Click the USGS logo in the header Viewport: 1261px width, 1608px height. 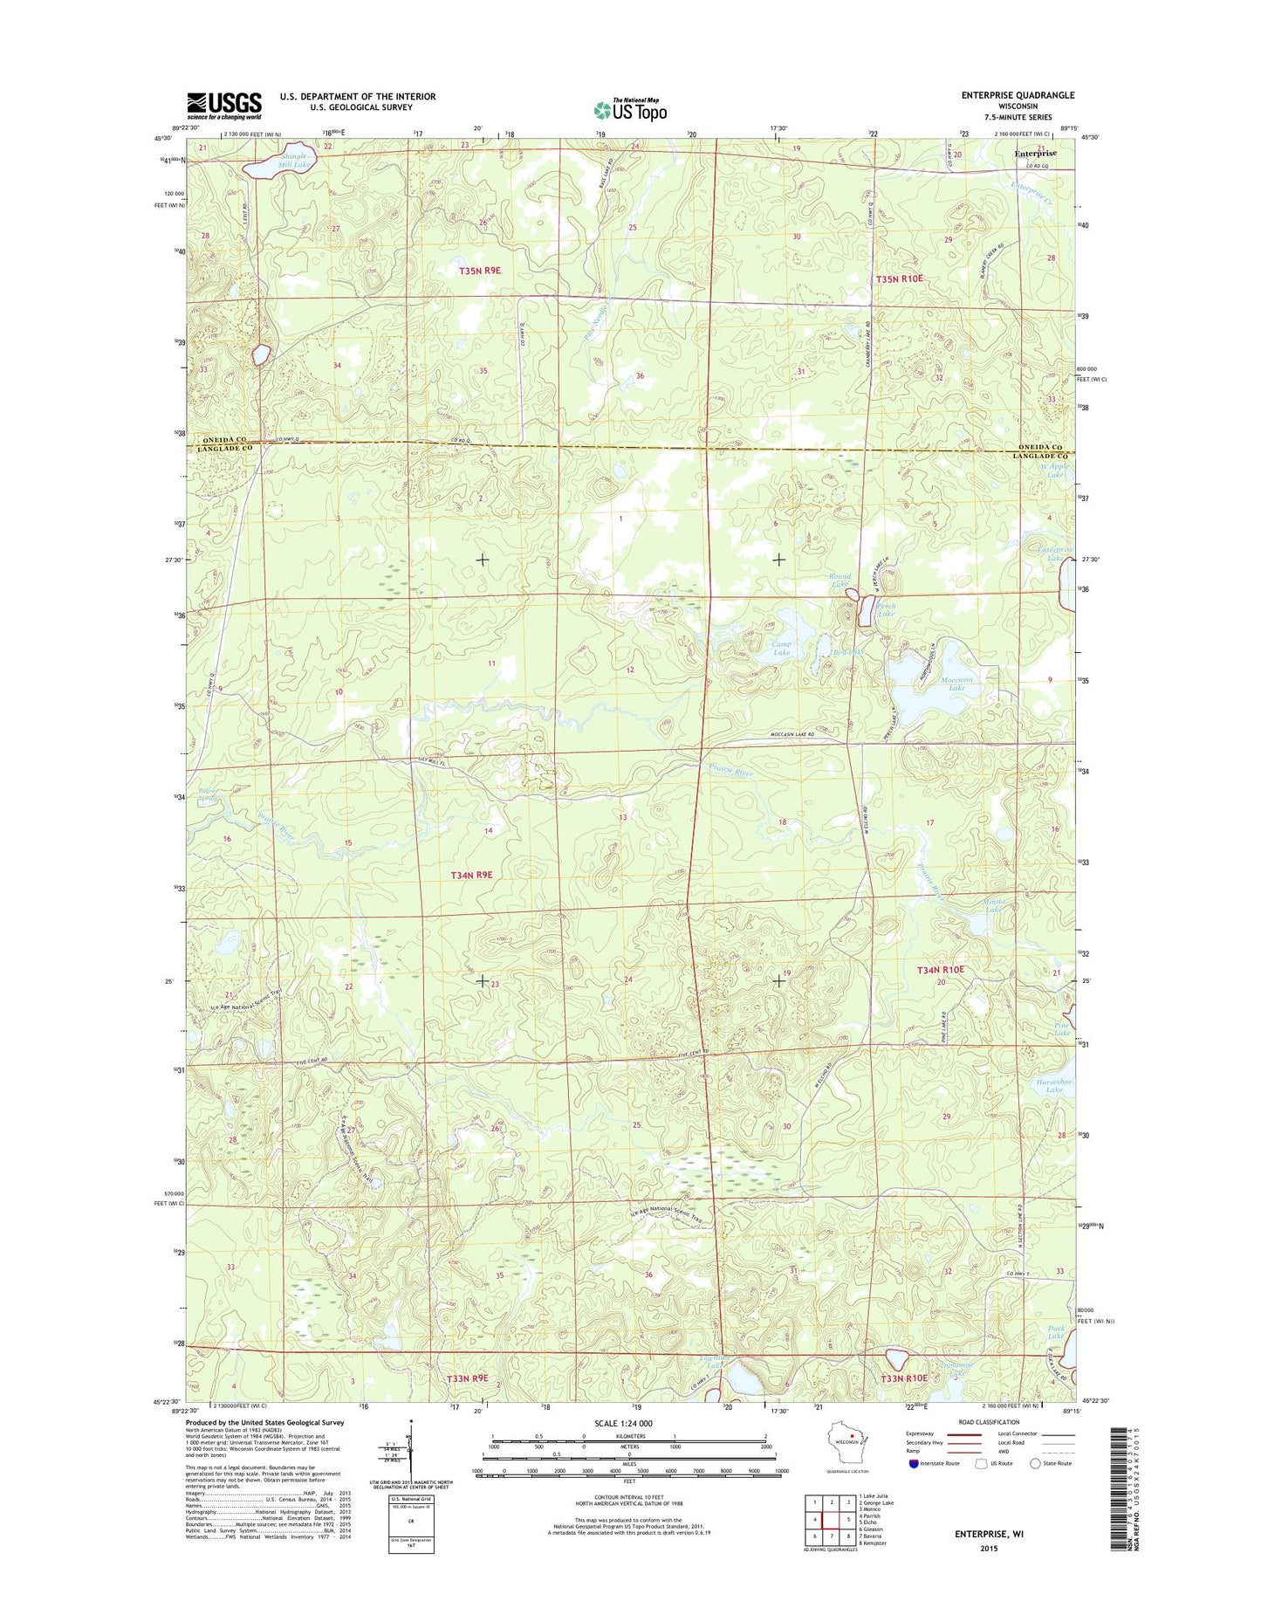click(x=223, y=106)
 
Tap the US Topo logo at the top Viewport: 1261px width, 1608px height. click(x=630, y=110)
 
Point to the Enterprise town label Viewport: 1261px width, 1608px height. click(x=1035, y=153)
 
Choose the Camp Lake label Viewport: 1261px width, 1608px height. click(x=781, y=649)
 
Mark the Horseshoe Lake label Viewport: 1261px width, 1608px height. click(x=1054, y=1085)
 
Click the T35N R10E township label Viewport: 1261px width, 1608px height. click(x=899, y=278)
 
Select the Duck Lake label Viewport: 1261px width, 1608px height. click(x=1056, y=1331)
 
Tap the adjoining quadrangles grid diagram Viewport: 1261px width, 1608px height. click(x=829, y=1519)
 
